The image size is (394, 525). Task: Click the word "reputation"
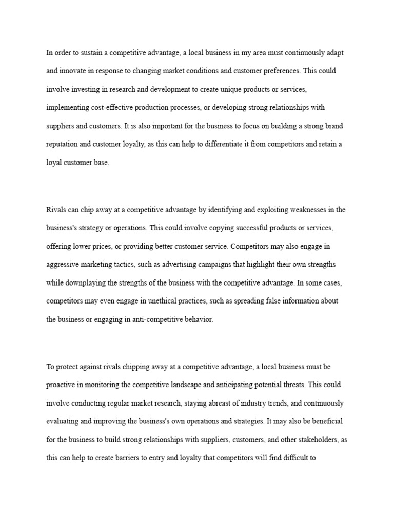[x=64, y=145]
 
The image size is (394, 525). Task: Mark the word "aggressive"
[x=64, y=264]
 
